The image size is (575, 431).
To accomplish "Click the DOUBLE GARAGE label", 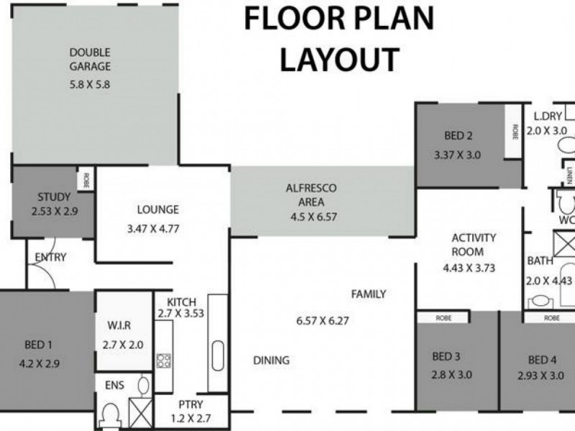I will (x=90, y=60).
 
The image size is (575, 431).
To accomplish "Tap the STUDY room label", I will (x=54, y=197).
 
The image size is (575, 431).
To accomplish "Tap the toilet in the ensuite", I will (x=110, y=414).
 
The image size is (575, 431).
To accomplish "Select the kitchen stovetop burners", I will (x=163, y=361).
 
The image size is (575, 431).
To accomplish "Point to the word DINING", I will (x=271, y=361).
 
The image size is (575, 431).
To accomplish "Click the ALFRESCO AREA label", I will (x=311, y=193).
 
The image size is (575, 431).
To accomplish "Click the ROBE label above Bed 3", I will (x=443, y=317).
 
